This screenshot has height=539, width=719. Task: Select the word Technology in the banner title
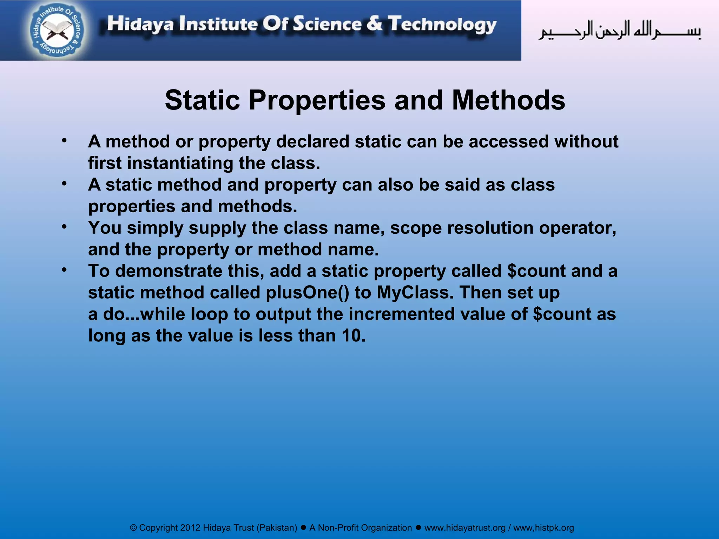[442, 25]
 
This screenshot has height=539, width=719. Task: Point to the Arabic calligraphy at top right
[620, 31]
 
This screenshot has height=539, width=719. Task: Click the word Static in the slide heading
[202, 100]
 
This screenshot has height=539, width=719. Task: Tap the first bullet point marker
[64, 141]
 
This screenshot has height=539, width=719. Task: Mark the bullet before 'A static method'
[64, 184]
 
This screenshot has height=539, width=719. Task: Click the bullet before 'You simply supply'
[64, 227]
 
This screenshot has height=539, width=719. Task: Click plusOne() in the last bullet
[308, 293]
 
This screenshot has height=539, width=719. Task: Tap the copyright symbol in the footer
[133, 528]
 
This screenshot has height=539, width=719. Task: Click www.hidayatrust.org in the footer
[465, 528]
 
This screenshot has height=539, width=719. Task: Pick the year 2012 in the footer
[190, 528]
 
